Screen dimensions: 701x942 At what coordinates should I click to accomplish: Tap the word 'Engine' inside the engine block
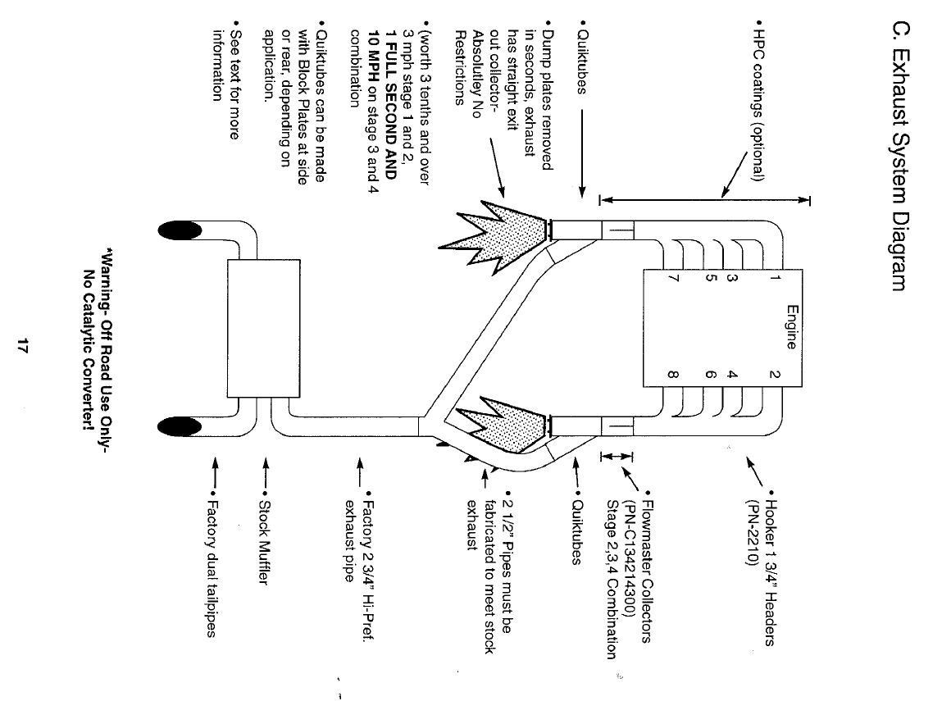(x=790, y=327)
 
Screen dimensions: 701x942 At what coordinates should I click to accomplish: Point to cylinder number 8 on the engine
(x=672, y=376)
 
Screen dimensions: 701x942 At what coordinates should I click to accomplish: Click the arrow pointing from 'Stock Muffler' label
(x=264, y=476)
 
